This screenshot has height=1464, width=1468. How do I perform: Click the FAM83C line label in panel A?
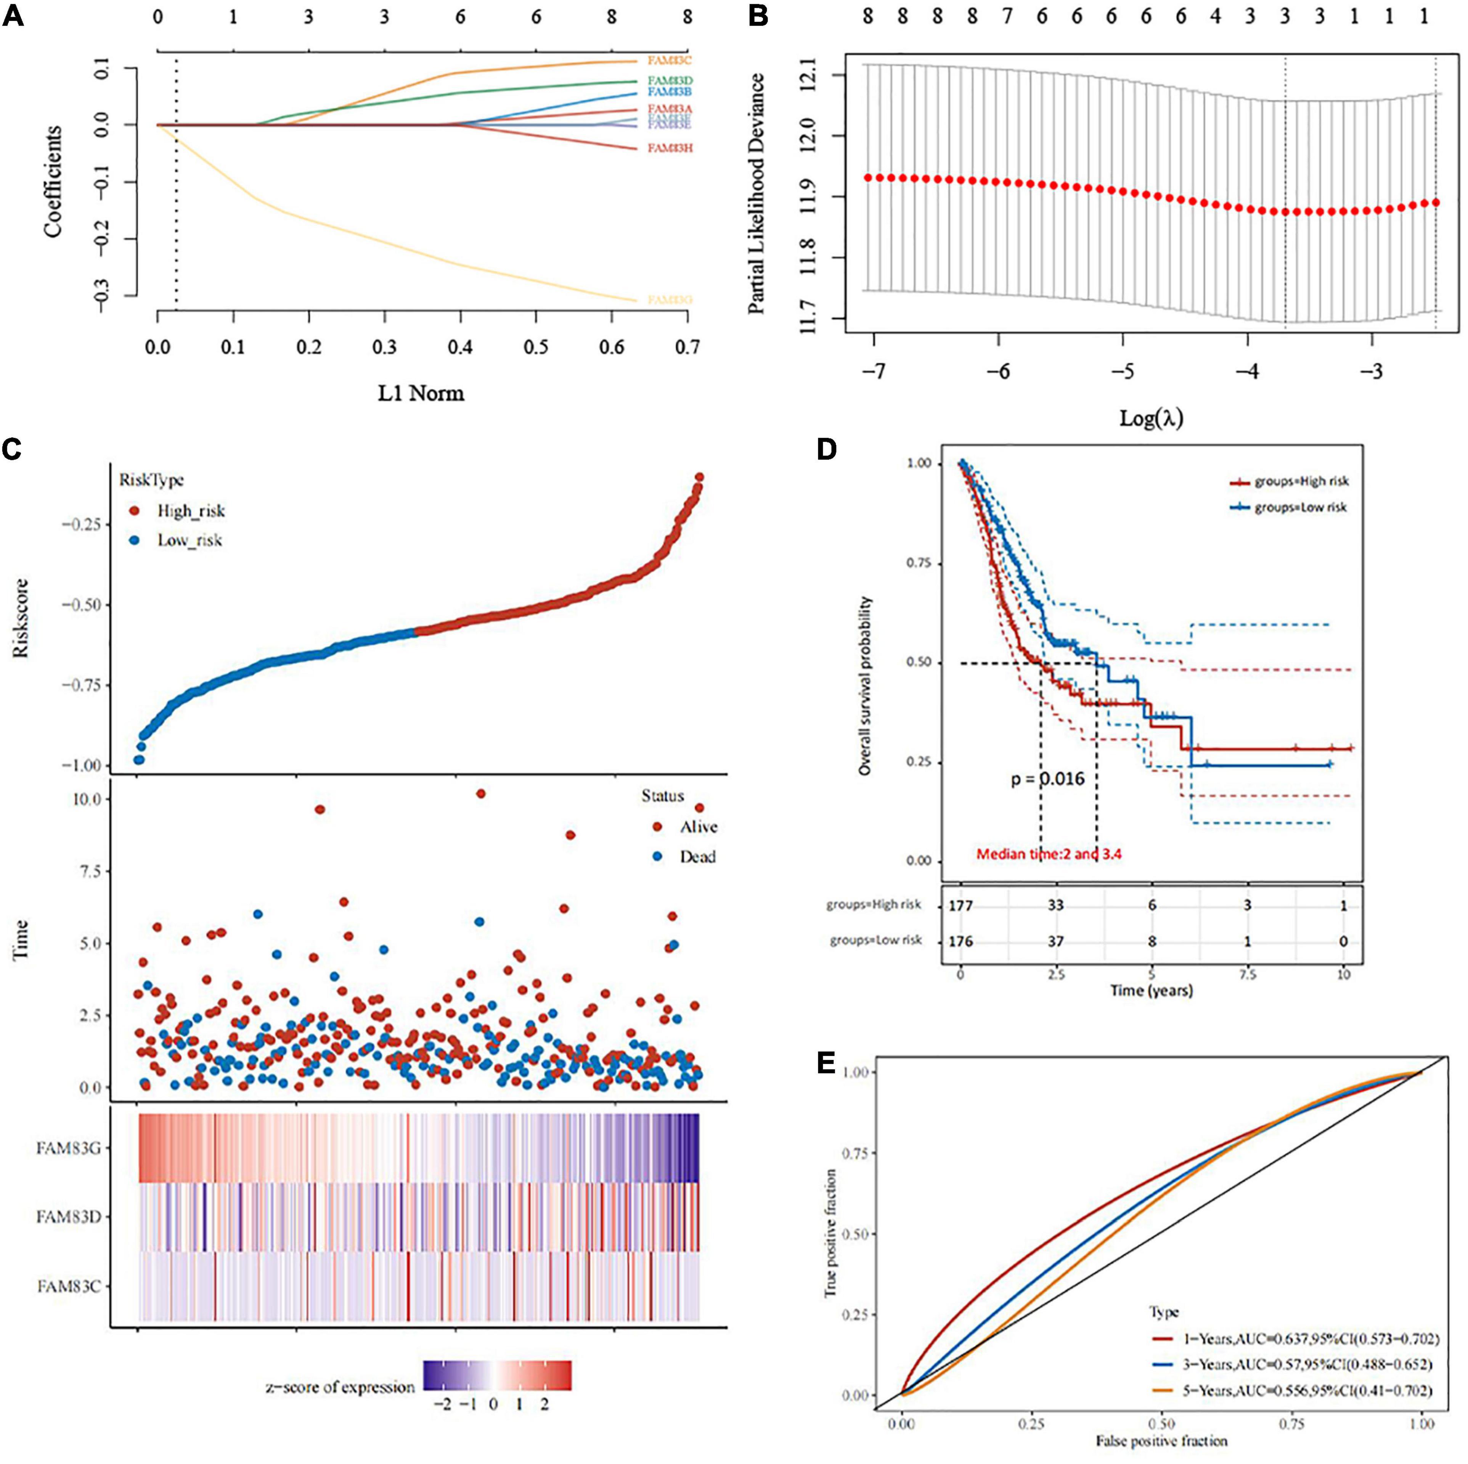(x=670, y=60)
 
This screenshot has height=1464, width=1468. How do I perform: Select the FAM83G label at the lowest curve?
(x=670, y=300)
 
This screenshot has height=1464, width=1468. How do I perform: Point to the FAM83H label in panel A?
(x=670, y=148)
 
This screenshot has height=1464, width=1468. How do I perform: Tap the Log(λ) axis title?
(x=1151, y=417)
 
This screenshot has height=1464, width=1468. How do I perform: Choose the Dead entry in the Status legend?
(x=697, y=857)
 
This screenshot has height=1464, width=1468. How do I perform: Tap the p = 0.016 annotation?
(x=1047, y=779)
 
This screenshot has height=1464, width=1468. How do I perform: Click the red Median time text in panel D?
(x=1049, y=854)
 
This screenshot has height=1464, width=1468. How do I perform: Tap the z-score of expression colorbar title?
(x=340, y=1387)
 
